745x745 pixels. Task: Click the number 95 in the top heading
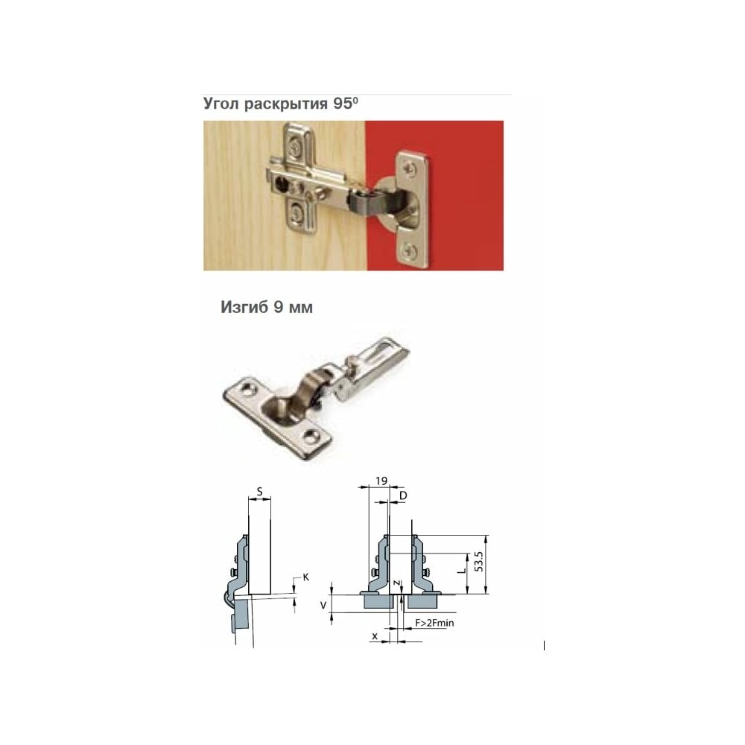[342, 104]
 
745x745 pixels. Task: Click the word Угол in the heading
[222, 104]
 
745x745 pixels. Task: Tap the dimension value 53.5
[479, 561]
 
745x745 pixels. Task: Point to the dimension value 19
[381, 481]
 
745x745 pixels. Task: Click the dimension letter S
[259, 492]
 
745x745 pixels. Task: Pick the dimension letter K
[306, 577]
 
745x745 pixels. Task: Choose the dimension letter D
[403, 496]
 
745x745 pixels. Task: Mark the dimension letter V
[323, 605]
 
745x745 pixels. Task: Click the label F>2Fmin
[434, 622]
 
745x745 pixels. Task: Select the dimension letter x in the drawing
[375, 636]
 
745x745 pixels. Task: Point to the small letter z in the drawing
[396, 582]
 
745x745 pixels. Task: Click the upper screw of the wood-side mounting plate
[296, 148]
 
